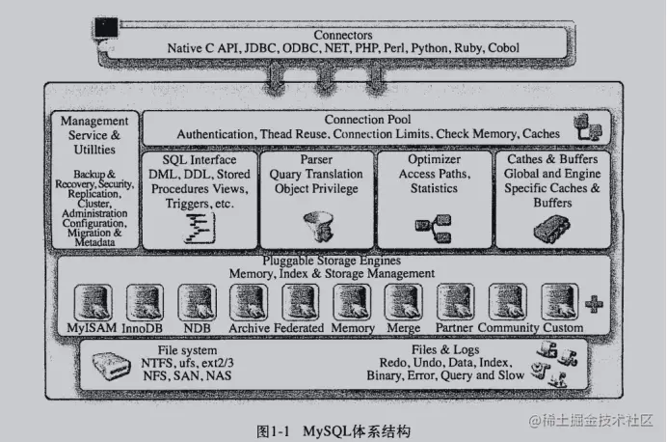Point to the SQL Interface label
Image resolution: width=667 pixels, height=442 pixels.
pyautogui.click(x=198, y=159)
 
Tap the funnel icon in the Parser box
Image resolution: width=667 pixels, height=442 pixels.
pyautogui.click(x=317, y=226)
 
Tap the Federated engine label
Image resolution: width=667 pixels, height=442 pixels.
pyautogui.click(x=301, y=328)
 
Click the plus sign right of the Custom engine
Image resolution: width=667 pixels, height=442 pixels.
pyautogui.click(x=594, y=304)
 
